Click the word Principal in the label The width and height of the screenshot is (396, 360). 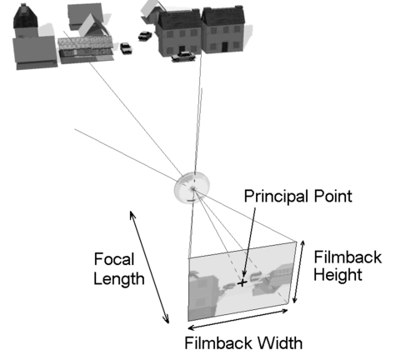[278, 197]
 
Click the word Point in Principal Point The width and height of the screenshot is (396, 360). [333, 196]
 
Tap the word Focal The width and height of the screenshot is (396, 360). [114, 259]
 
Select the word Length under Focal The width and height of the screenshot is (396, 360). [119, 279]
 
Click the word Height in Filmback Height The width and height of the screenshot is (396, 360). [338, 274]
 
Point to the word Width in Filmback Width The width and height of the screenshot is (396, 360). [280, 343]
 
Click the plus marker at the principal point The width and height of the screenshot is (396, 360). [243, 282]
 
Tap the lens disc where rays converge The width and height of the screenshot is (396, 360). [192, 187]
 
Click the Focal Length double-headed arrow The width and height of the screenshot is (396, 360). [149, 267]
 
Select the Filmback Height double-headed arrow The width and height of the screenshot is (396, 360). [299, 272]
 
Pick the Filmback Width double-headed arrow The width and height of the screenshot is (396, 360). [238, 319]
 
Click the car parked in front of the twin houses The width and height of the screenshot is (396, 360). [183, 57]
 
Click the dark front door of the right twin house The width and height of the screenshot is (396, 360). [224, 47]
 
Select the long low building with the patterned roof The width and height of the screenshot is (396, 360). [86, 50]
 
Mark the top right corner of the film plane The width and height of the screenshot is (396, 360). [296, 242]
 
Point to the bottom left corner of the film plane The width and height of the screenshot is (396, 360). [188, 322]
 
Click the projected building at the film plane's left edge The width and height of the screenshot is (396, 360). [203, 295]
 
